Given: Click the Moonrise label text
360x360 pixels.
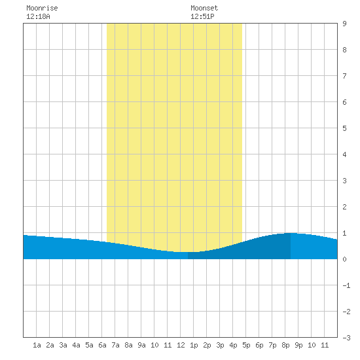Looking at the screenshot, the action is (x=42, y=8).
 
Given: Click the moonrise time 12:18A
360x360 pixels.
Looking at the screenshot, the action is (x=38, y=16).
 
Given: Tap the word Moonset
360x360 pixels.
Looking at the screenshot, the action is (x=204, y=8).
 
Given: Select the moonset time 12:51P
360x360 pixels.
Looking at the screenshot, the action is (x=202, y=16).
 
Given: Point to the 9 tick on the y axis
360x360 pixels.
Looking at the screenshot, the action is (x=344, y=24).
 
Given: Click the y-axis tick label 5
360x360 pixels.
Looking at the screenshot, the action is (x=344, y=128).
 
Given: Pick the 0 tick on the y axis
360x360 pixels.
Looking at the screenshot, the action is (x=344, y=259).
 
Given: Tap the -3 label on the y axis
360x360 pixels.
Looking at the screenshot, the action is (x=346, y=338).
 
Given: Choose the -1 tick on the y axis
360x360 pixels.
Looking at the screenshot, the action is (x=346, y=285).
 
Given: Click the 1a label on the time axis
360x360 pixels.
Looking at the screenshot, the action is (x=37, y=345).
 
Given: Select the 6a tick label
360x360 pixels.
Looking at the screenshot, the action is (x=102, y=345).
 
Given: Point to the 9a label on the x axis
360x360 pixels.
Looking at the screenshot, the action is (x=141, y=345).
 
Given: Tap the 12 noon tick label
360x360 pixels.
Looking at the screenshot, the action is (x=181, y=345).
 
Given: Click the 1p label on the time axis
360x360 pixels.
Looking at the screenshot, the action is (x=194, y=345).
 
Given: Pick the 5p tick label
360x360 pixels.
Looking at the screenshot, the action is (x=246, y=345).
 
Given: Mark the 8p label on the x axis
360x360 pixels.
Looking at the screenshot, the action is (x=285, y=345).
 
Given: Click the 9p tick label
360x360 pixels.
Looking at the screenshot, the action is (x=298, y=345).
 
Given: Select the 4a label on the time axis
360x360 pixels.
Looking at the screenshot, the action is (x=76, y=345).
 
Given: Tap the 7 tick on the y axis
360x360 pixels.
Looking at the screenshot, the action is (x=344, y=76).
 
